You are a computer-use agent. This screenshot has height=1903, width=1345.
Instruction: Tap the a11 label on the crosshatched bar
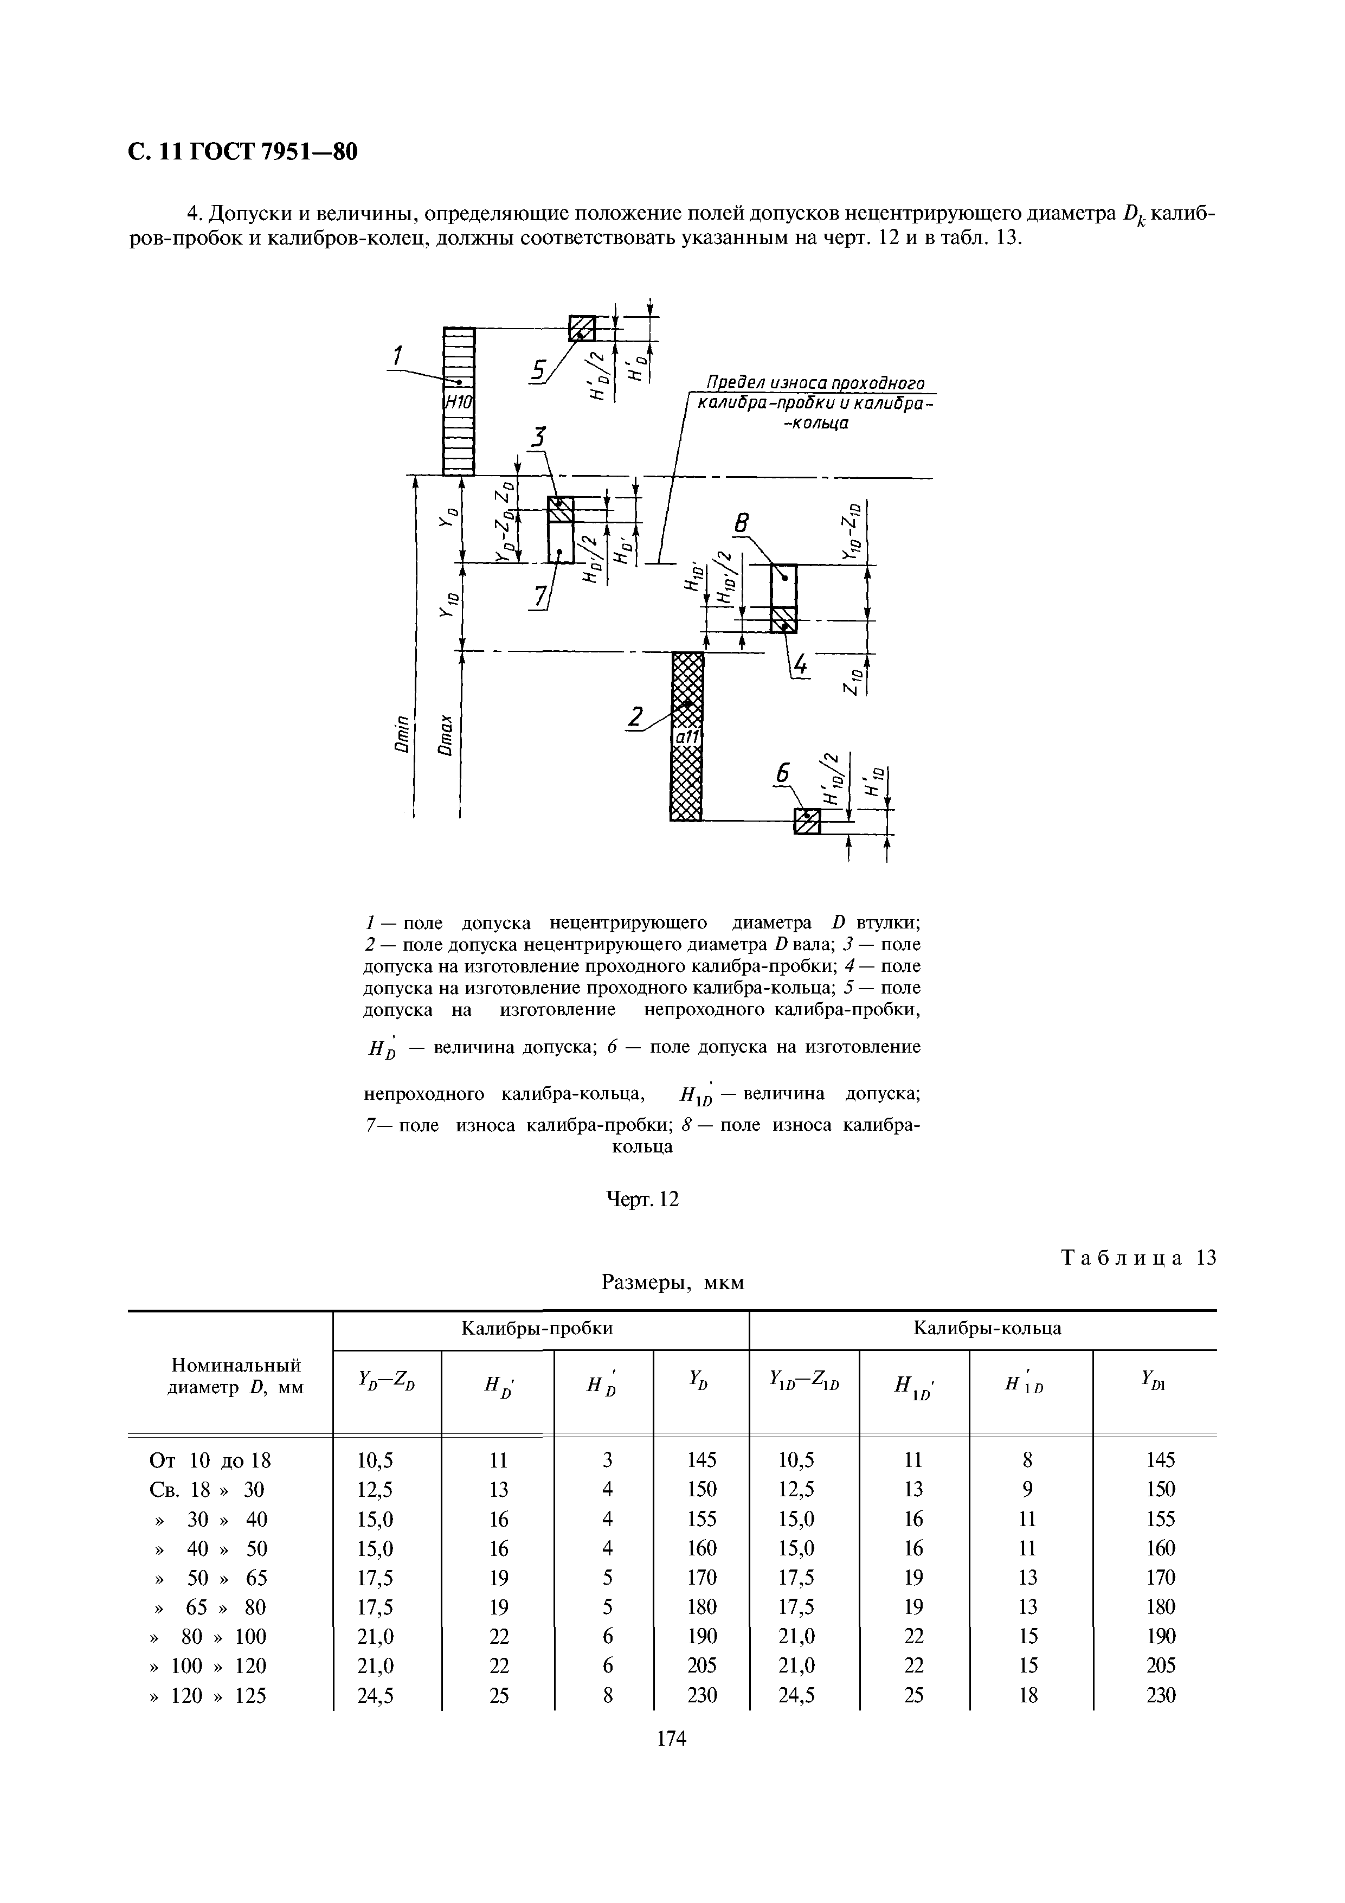tap(687, 737)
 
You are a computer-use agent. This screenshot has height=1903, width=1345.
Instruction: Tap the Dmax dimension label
tap(447, 734)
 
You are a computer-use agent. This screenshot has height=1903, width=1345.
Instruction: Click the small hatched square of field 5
tap(582, 328)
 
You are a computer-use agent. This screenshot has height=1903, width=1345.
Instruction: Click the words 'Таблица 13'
tap(1138, 1257)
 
